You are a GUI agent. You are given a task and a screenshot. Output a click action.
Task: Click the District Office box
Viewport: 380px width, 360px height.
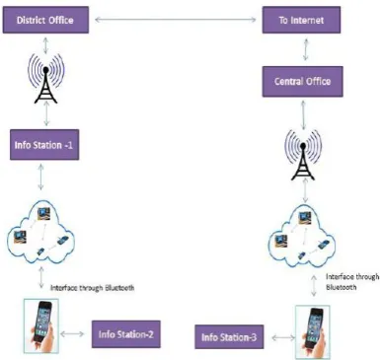coord(45,20)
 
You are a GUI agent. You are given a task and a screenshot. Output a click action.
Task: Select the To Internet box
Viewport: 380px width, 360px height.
coord(301,20)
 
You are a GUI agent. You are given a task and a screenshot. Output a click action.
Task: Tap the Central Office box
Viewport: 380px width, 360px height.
coord(303,82)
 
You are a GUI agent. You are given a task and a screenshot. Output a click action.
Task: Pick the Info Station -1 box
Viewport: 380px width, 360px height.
coord(44,145)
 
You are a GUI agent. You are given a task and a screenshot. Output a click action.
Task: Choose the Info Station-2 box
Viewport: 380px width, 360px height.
coord(126,334)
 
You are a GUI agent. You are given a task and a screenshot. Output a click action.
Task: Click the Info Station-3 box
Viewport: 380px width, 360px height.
coord(229,337)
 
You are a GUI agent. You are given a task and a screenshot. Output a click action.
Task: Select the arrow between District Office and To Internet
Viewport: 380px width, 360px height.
coord(176,20)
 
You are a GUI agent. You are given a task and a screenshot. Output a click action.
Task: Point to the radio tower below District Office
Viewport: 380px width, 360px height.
coord(45,79)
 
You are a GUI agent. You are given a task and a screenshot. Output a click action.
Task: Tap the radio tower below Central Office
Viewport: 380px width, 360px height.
coord(303,155)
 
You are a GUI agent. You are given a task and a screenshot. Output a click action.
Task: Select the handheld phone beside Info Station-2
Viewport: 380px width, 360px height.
coord(41,325)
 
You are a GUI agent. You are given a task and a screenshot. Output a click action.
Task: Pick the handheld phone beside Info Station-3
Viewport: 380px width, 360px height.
coord(313,332)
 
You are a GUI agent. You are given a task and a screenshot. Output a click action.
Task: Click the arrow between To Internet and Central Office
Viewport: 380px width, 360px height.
coord(306,49)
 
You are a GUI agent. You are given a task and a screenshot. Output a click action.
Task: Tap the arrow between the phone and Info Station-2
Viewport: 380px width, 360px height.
coord(72,334)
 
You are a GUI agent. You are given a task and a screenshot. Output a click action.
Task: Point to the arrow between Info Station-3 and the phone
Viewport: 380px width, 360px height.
coord(283,337)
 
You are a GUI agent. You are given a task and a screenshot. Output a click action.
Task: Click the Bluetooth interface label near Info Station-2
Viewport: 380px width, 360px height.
coord(93,288)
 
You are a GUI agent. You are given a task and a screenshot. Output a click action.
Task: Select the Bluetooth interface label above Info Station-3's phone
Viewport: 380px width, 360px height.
coord(352,282)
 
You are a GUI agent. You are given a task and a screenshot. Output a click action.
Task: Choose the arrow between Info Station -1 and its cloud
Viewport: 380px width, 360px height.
coord(40,177)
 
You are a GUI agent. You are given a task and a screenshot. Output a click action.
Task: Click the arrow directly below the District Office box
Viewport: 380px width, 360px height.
coord(45,45)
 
